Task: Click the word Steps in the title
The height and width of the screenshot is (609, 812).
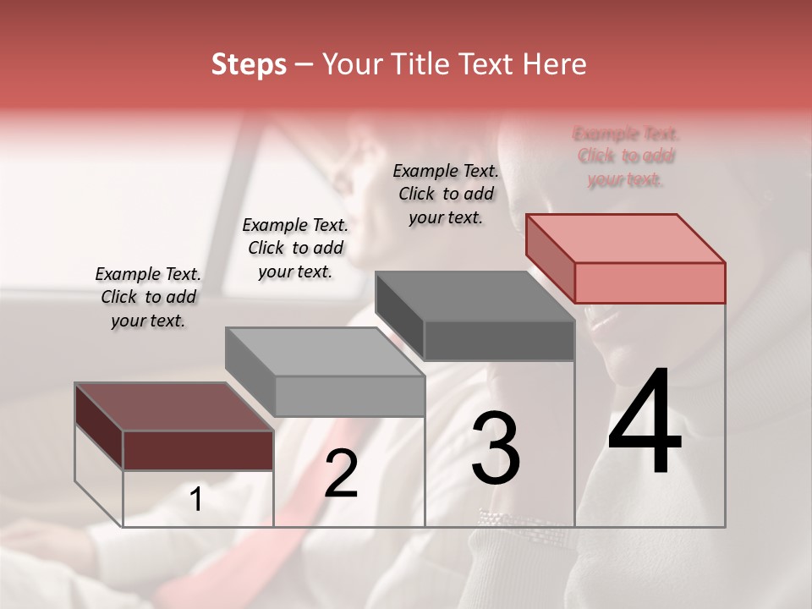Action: pos(249,64)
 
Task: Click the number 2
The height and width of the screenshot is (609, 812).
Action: pos(341,474)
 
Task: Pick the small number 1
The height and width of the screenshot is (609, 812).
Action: pos(196,499)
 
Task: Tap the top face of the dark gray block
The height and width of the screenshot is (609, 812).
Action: pos(474,296)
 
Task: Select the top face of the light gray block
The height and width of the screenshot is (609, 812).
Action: pos(324,352)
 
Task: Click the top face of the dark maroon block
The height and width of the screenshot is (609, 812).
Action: pos(173,407)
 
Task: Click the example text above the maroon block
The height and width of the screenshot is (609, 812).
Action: pos(148,297)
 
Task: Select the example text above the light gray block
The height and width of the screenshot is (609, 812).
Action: pos(295,248)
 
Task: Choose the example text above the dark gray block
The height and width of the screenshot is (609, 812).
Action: pos(446,194)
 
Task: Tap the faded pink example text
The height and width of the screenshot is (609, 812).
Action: pos(626,156)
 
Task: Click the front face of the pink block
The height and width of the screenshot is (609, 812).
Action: pos(650,283)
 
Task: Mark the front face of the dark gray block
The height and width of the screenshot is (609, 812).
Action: pos(499,341)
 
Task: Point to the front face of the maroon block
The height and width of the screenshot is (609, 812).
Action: pos(198,450)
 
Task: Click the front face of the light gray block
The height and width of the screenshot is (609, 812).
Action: pos(349,396)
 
